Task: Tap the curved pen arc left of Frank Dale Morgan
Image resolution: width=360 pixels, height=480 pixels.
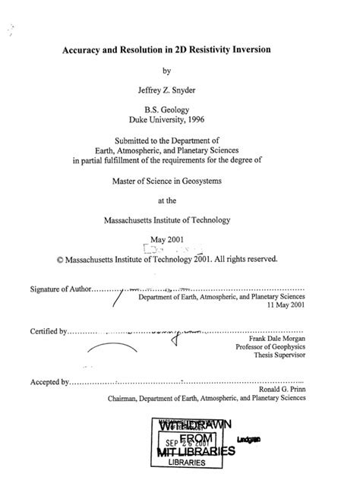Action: (x=112, y=346)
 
